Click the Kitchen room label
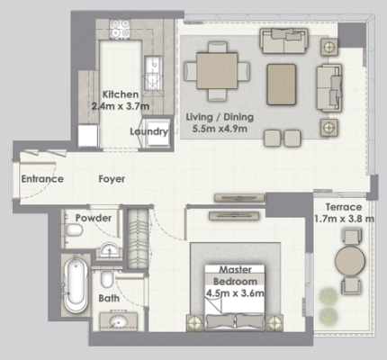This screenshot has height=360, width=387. tap(121, 94)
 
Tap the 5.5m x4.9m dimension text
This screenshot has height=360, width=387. tap(220, 129)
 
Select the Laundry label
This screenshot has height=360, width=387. tap(149, 131)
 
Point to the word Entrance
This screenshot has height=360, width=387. tap(42, 179)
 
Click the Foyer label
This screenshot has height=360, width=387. tap(112, 179)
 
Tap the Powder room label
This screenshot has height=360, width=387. tap(94, 218)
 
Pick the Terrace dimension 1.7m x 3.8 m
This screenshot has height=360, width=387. tap(344, 219)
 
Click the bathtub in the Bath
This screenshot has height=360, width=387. tap(76, 285)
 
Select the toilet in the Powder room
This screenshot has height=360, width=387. tap(74, 230)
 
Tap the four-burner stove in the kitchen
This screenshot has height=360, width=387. tap(120, 29)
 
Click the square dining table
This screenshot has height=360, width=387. tap(217, 71)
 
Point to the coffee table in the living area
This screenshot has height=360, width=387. tap(282, 85)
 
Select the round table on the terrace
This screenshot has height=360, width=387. tap(350, 261)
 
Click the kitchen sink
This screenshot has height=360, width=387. tap(153, 73)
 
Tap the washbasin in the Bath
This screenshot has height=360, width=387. tap(118, 322)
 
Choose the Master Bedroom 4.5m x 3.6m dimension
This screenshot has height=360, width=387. tap(235, 293)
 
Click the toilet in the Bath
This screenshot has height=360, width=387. tap(107, 279)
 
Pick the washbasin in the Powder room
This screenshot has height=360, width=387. tap(109, 249)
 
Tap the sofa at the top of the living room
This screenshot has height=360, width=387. tap(283, 40)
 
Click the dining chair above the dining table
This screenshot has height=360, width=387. tap(218, 48)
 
